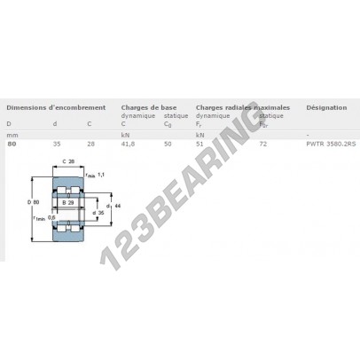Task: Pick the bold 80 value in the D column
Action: (x=11, y=143)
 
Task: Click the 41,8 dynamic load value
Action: (x=127, y=143)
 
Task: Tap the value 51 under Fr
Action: (x=200, y=143)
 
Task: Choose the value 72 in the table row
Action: (x=262, y=143)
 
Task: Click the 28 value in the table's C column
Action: (x=90, y=143)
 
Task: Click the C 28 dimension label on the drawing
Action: (x=68, y=160)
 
